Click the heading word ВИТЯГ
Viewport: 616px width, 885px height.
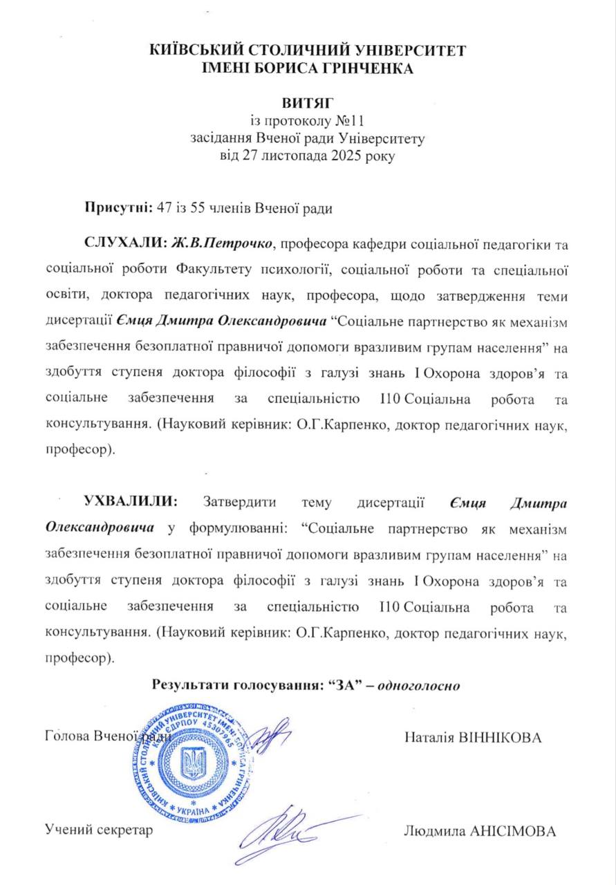pos(308,105)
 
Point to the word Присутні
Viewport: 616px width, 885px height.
pos(114,207)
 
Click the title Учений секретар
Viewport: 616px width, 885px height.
pos(98,828)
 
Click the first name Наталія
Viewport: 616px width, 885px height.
pos(429,737)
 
